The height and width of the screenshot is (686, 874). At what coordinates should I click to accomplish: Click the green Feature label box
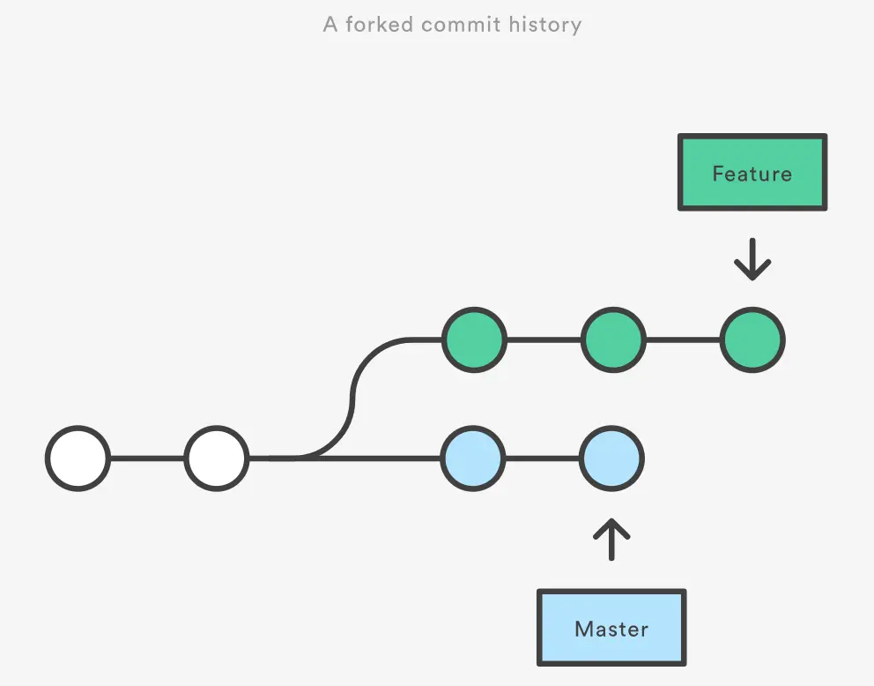[x=752, y=173]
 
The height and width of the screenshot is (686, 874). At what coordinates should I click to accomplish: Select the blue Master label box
[x=611, y=628]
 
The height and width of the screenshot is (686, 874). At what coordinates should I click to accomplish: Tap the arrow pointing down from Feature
[x=752, y=259]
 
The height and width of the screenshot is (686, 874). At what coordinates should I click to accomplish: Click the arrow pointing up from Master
[x=611, y=540]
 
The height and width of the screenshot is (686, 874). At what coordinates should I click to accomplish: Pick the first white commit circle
[x=78, y=459]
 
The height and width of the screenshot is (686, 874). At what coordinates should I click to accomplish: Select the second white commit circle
[x=217, y=459]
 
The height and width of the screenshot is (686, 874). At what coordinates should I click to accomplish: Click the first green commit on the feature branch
[x=474, y=339]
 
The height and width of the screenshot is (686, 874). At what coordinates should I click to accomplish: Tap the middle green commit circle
[x=613, y=339]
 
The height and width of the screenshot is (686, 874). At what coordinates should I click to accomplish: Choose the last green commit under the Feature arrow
[x=752, y=339]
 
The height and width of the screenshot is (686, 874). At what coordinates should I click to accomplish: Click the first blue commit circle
[x=474, y=459]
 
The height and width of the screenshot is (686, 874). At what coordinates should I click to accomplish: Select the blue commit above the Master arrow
[x=612, y=459]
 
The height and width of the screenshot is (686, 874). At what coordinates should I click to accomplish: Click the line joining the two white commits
[x=147, y=459]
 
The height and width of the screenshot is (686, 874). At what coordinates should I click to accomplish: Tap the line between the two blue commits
[x=543, y=459]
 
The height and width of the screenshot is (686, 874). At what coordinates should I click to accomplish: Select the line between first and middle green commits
[x=544, y=339]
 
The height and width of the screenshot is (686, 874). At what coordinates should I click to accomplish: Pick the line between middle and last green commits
[x=683, y=339]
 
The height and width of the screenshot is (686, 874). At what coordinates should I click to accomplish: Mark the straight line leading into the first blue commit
[x=388, y=459]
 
